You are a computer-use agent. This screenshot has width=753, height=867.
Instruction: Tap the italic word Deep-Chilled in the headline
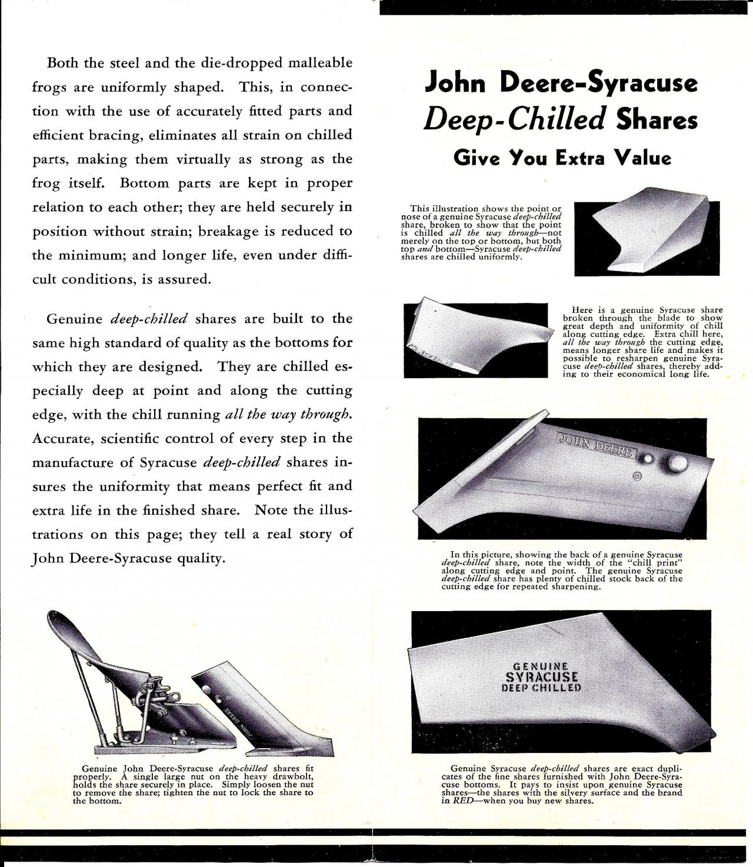515,120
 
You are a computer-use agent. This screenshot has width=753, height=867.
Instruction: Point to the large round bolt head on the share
678,464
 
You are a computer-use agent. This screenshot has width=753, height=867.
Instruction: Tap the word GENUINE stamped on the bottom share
540,666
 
